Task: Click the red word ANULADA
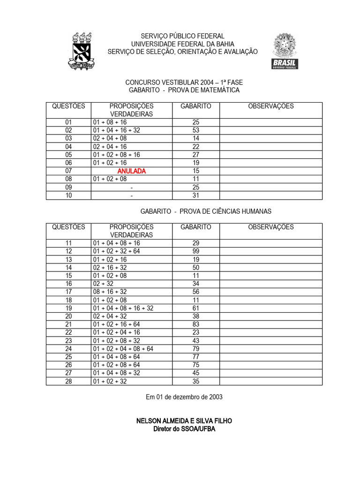pos(132,171)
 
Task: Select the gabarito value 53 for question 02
pos(196,130)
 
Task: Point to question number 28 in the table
pos(68,381)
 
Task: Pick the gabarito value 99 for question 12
pos(196,251)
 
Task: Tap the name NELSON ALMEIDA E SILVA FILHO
pos(184,421)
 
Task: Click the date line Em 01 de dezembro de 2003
pos(184,397)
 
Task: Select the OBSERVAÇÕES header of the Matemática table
pos(271,106)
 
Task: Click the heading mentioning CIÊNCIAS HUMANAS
pos(206,211)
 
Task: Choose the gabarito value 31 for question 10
pos(196,195)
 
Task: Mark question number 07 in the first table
pos(68,171)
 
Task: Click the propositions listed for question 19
pos(123,308)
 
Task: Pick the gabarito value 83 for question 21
pos(196,324)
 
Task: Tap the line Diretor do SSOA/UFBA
pos(184,429)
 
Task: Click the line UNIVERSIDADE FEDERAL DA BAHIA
pos(183,44)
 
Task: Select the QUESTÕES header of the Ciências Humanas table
pos(68,227)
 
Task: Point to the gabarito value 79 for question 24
pos(196,349)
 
